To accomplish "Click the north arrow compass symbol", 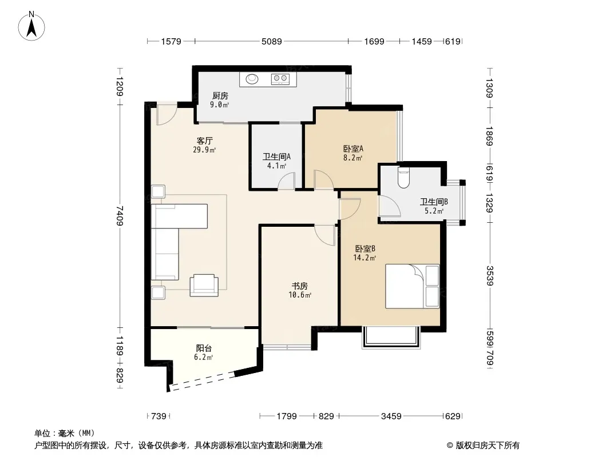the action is tap(31, 26).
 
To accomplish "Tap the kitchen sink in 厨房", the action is tap(252, 79).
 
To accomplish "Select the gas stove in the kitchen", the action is tap(280, 79).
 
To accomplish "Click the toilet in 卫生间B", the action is tap(404, 178).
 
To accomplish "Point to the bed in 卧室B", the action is tap(413, 286).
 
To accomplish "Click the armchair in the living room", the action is tap(204, 285).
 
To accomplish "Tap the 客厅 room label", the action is tap(205, 141).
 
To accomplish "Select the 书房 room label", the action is tap(299, 286).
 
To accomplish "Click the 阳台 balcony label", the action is tap(204, 348).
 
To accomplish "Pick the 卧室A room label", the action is tap(353, 149).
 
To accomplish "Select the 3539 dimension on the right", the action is tap(489, 276).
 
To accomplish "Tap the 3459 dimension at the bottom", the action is tap(391, 416).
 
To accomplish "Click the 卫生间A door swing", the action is tap(286, 181).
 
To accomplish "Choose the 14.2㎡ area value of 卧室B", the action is tap(365, 258).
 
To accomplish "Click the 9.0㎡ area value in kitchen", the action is tap(219, 105).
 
